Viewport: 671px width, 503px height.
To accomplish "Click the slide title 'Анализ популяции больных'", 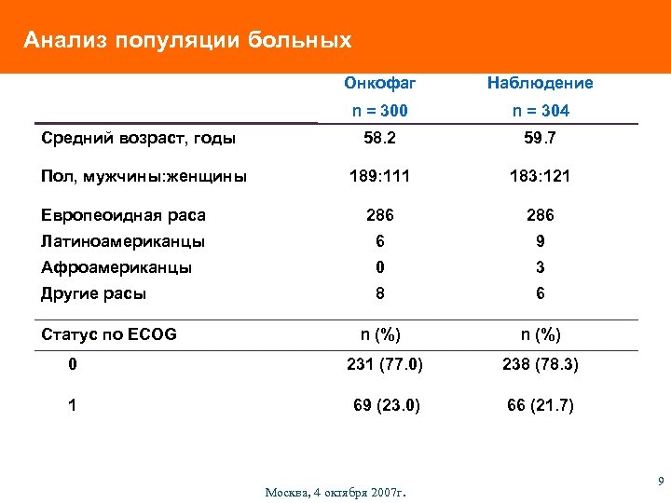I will click(187, 40).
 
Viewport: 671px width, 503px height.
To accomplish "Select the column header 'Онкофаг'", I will click(380, 83).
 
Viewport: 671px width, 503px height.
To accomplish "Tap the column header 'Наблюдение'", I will click(540, 83).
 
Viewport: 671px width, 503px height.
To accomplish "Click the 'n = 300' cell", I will click(380, 111).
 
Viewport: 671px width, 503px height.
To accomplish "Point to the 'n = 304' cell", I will click(540, 111).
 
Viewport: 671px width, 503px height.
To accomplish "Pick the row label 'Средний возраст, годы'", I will click(139, 138).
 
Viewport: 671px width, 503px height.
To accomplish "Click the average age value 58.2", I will click(380, 138).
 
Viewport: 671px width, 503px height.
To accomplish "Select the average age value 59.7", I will click(540, 138).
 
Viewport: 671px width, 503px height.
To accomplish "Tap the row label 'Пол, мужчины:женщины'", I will click(144, 176).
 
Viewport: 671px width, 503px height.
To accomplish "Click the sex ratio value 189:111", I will click(380, 176).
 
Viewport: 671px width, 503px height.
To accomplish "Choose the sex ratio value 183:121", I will click(540, 176).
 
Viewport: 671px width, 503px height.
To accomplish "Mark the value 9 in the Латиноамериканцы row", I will click(540, 241).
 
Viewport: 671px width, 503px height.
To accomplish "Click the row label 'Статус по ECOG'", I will click(109, 334).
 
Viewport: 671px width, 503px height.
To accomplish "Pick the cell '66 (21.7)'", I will click(541, 405).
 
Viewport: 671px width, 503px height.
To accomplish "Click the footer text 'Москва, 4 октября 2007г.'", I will click(336, 491).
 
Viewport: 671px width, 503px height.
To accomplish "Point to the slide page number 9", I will click(660, 482).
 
